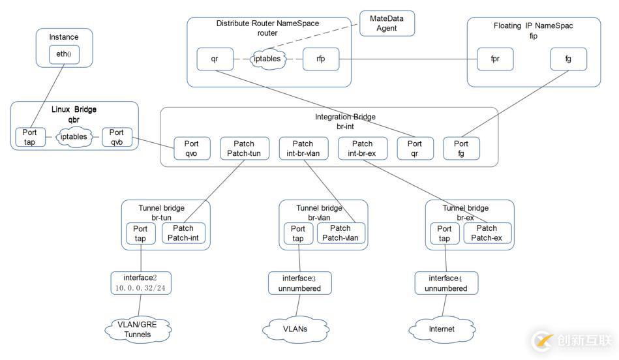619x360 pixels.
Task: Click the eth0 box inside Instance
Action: [64, 55]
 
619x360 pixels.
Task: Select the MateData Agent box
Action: [387, 23]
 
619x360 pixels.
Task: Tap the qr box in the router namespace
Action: [215, 59]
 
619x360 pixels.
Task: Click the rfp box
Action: [320, 59]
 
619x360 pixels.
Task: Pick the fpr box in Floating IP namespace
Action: [495, 59]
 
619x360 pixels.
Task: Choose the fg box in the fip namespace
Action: [568, 59]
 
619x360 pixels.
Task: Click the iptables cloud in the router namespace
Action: [267, 59]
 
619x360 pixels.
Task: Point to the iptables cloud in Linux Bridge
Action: [73, 137]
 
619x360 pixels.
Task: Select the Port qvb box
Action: [117, 137]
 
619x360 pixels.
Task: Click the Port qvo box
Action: [192, 148]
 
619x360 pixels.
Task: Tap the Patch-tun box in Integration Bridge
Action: [244, 148]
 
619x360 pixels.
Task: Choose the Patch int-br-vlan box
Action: [303, 148]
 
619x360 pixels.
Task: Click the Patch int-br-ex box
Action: [362, 148]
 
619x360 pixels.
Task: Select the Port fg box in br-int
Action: [460, 148]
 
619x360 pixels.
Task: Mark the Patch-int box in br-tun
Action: [183, 233]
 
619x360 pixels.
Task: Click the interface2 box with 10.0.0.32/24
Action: [141, 282]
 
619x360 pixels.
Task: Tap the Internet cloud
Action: [442, 329]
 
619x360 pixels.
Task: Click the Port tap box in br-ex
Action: [444, 233]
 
